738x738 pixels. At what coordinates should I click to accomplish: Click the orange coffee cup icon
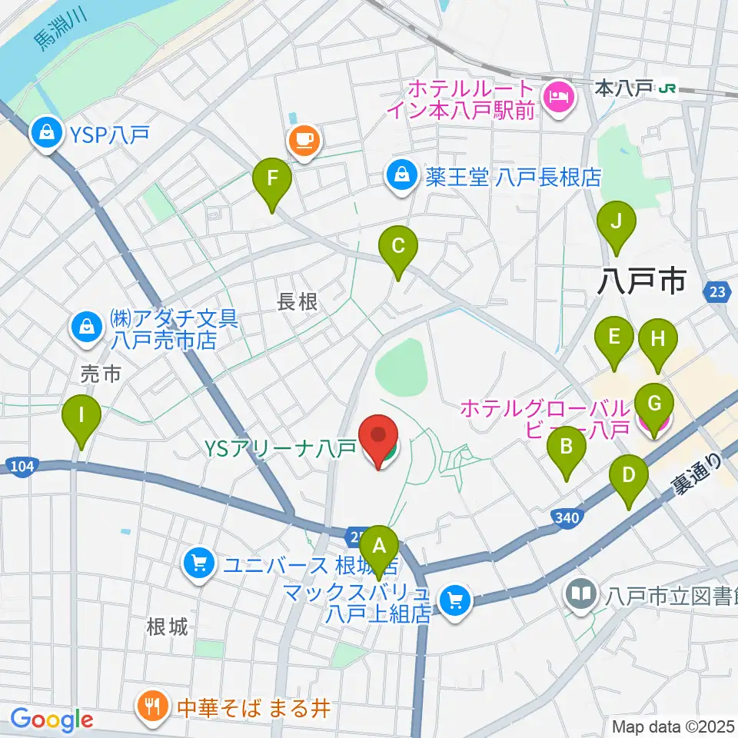[x=304, y=140]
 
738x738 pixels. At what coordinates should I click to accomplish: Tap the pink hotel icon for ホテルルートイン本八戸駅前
[x=556, y=97]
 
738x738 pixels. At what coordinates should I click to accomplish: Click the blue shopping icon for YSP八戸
[x=48, y=134]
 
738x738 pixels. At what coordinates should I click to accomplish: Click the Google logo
[x=52, y=720]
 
